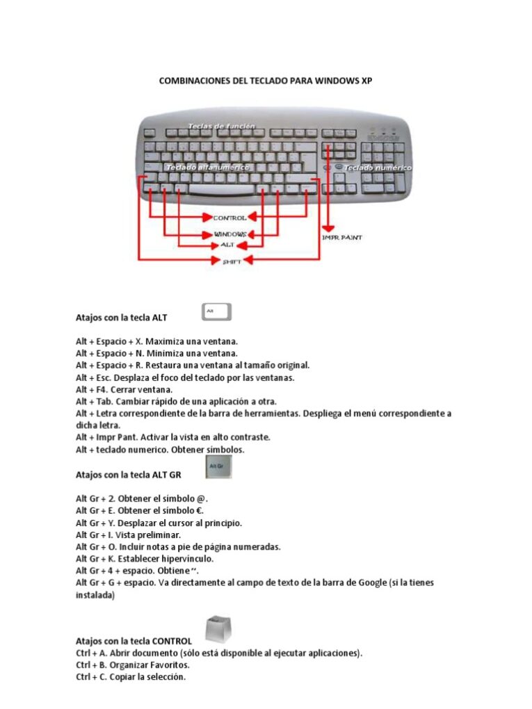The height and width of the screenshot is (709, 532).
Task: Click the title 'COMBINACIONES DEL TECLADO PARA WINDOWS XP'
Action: coord(266,81)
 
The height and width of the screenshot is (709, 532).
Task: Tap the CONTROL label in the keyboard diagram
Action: coord(229,218)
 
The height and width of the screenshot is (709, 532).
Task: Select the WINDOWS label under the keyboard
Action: coord(229,234)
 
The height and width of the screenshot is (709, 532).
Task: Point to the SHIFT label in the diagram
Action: coord(232,261)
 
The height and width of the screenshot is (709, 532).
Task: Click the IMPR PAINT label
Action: coord(341,238)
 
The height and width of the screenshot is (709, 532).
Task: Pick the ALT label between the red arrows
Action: coord(227,245)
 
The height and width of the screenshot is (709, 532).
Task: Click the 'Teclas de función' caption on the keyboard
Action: coord(221,127)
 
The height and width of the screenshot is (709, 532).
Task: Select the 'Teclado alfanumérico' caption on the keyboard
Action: coord(201,168)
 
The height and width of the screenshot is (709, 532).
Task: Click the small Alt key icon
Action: coord(217,312)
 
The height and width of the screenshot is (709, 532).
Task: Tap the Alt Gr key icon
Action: coord(220,466)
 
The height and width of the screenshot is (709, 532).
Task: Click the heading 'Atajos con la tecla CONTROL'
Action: coord(134,640)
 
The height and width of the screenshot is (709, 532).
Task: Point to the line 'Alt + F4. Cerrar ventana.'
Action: coord(124,390)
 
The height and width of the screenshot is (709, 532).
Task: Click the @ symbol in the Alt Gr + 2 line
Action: coord(202,499)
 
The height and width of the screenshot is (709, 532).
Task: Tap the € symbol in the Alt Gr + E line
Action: coord(201,511)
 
